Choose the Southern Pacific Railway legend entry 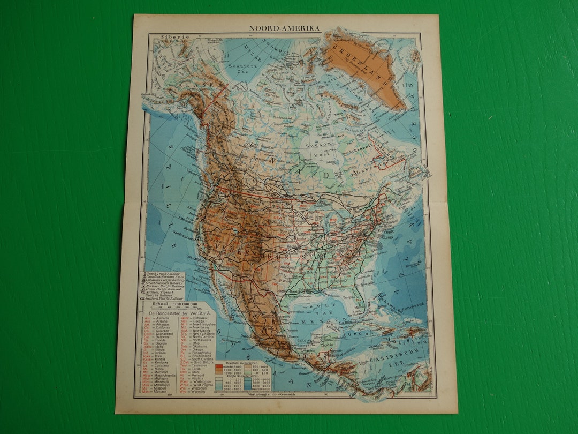(x=166, y=298)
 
